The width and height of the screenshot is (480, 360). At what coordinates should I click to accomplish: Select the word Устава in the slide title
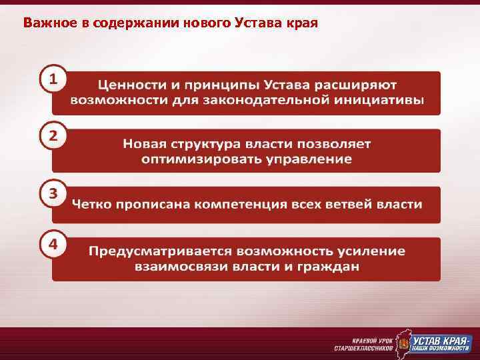[259, 23]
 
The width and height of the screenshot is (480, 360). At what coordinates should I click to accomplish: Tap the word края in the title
[302, 23]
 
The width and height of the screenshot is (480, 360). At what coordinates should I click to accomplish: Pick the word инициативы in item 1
[386, 101]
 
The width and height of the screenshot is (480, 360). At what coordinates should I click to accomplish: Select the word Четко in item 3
[90, 204]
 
